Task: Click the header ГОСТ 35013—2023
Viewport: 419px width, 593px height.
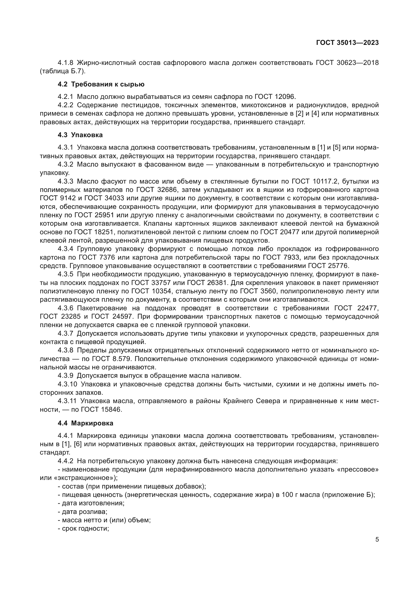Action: [347, 43]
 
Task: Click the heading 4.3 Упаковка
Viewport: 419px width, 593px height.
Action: [80, 135]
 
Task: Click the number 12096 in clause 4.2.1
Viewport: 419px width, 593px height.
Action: [284, 97]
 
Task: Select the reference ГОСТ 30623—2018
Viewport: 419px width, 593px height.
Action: [347, 63]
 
